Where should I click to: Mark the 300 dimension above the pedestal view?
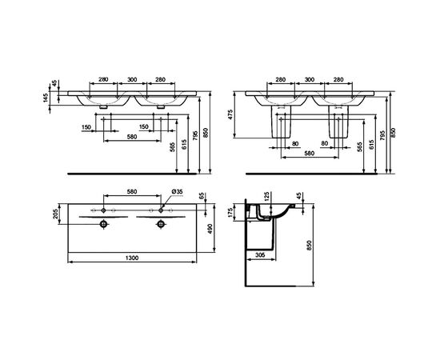pyautogui.click(x=308, y=80)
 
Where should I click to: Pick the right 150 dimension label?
pyautogui.click(x=144, y=127)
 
